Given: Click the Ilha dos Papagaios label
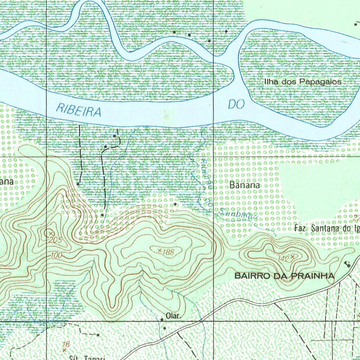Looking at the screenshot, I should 302,82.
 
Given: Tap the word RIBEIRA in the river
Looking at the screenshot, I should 79,110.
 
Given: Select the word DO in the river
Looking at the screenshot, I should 236,104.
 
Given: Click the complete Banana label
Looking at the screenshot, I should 245,185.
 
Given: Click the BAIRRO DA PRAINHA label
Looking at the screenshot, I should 284,276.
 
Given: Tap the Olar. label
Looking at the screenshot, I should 174,316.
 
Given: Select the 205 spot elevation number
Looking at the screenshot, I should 56,240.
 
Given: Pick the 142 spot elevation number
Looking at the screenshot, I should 283,259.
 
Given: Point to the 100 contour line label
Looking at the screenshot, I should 56,255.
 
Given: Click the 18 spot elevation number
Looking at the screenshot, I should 66,344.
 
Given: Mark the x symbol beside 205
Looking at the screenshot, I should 51,233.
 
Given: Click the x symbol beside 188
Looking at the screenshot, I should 160,251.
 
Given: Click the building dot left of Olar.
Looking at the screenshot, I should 162,320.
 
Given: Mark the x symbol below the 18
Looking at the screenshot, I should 64,351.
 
